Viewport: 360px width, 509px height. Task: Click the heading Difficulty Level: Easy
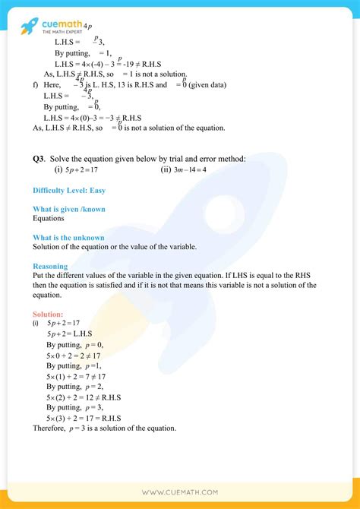coord(66,190)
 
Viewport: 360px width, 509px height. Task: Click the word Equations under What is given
coord(49,218)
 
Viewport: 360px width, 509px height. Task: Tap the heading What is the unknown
coord(69,238)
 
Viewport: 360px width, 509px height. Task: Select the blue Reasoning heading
coord(50,267)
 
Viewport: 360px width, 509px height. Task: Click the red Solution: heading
coord(48,315)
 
